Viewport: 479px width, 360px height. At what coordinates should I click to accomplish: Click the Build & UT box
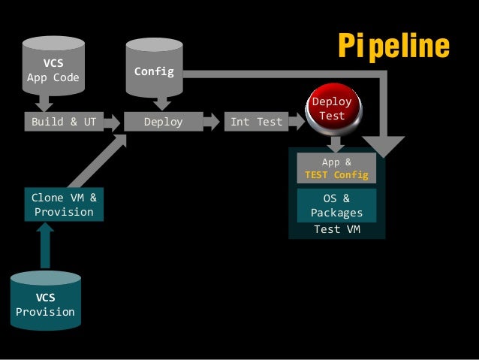click(x=64, y=122)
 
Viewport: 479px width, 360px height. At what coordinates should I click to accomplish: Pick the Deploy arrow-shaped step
click(x=164, y=122)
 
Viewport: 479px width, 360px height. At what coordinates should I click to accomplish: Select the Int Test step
click(x=256, y=122)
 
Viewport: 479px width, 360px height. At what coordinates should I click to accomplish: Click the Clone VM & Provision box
click(x=64, y=204)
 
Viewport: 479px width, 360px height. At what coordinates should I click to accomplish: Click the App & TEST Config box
click(x=336, y=168)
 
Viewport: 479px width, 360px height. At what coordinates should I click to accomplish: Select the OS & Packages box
click(x=336, y=205)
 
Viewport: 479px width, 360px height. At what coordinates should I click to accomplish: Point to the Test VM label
click(x=336, y=229)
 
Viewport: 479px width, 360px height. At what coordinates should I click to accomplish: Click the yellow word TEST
click(x=318, y=175)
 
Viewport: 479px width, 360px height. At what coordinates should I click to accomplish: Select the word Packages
click(x=336, y=213)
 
